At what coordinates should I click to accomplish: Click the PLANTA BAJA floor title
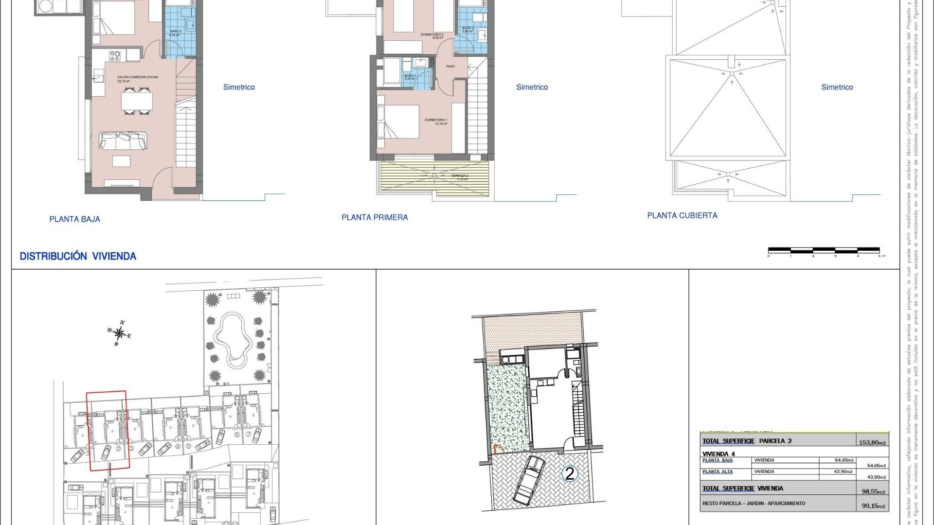click(x=74, y=219)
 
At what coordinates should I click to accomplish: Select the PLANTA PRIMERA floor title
click(x=375, y=217)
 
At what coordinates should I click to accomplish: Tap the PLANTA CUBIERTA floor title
click(x=682, y=215)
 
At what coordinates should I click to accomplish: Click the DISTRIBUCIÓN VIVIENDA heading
click(x=78, y=256)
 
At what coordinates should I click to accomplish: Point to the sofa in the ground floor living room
click(x=123, y=140)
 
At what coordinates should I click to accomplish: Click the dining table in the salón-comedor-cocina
click(x=137, y=101)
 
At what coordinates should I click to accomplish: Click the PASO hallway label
click(x=450, y=66)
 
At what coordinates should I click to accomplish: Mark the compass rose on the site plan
click(x=119, y=333)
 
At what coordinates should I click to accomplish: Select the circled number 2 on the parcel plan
click(x=569, y=473)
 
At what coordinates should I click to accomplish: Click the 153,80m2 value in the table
click(x=872, y=442)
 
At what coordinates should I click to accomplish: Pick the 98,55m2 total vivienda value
click(x=874, y=491)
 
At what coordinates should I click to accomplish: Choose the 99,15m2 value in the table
click(x=874, y=506)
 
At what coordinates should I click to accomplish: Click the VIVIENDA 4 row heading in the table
click(x=718, y=454)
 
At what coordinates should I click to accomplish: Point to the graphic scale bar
click(x=824, y=251)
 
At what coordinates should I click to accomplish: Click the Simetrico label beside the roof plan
click(x=837, y=87)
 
